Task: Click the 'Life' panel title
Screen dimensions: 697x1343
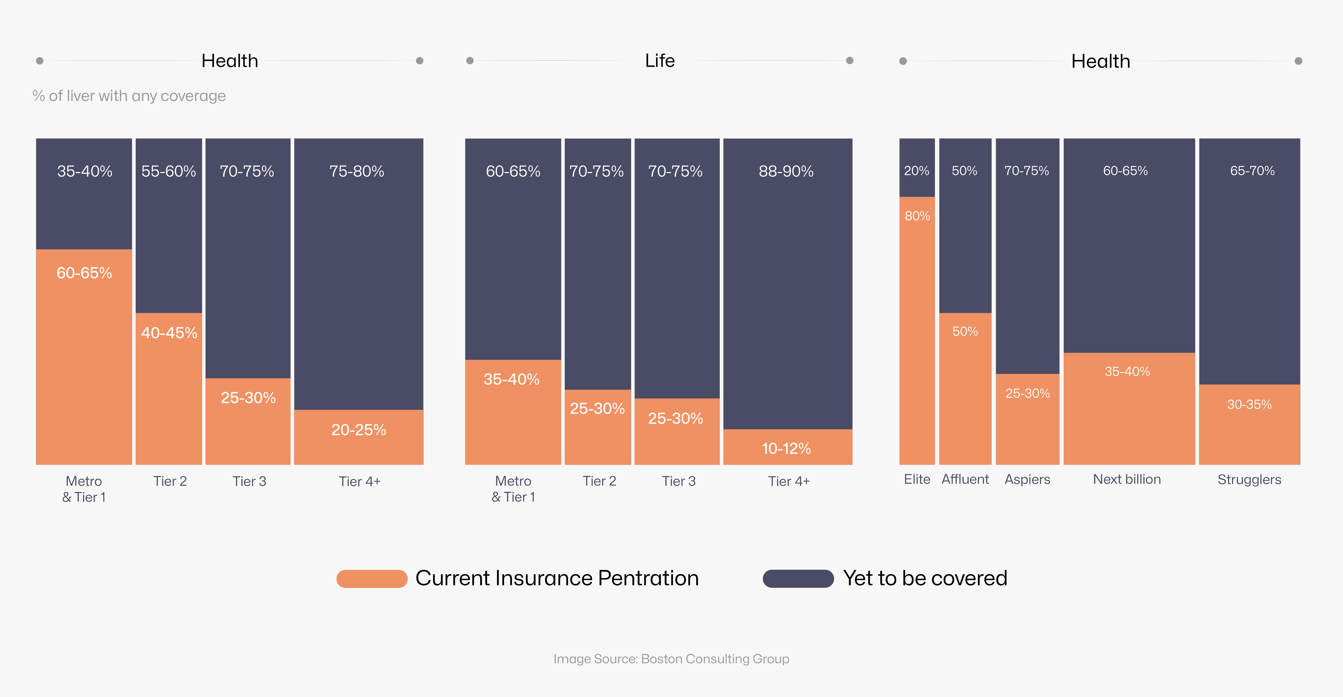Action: pyautogui.click(x=660, y=61)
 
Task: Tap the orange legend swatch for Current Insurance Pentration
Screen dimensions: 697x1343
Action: pyautogui.click(x=372, y=579)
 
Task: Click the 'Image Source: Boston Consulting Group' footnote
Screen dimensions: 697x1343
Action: pyautogui.click(x=671, y=659)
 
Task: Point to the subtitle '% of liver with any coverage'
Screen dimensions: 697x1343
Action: pyautogui.click(x=129, y=96)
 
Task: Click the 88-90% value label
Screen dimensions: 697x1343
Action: pyautogui.click(x=786, y=171)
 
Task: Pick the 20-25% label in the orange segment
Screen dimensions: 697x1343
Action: pyautogui.click(x=359, y=430)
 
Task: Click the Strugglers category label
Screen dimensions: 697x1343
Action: pyautogui.click(x=1249, y=479)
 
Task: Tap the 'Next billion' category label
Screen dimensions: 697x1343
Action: pyautogui.click(x=1127, y=479)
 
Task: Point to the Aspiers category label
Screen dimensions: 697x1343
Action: pyautogui.click(x=1027, y=479)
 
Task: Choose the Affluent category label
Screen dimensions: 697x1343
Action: pyautogui.click(x=965, y=479)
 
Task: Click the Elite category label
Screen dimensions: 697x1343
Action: pyautogui.click(x=917, y=479)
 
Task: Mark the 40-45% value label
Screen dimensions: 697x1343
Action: pyautogui.click(x=169, y=333)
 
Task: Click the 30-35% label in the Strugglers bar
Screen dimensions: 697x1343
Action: pyautogui.click(x=1249, y=404)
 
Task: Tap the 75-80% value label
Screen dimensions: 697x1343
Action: pyautogui.click(x=357, y=171)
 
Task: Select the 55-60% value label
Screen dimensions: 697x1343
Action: pyautogui.click(x=168, y=171)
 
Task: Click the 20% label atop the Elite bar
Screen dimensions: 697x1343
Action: pyautogui.click(x=917, y=171)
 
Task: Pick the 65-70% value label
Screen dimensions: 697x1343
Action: pyautogui.click(x=1252, y=171)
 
